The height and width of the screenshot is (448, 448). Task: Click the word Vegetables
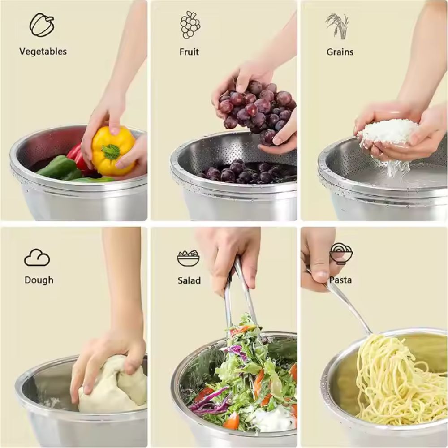pos(43,52)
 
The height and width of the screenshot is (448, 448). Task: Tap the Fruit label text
pos(189,52)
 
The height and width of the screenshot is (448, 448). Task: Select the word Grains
pos(340,52)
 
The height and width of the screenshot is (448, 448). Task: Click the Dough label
pos(39,280)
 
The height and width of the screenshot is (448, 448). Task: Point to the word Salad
pos(189,280)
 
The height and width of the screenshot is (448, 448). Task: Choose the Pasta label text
pos(340,280)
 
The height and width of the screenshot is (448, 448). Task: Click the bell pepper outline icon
pos(42,25)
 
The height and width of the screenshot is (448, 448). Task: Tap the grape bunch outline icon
pos(190,25)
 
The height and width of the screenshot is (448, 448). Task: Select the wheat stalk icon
pos(338,26)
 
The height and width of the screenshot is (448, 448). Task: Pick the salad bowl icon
pos(188,258)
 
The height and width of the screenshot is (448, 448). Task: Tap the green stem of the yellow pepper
pos(111,151)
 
